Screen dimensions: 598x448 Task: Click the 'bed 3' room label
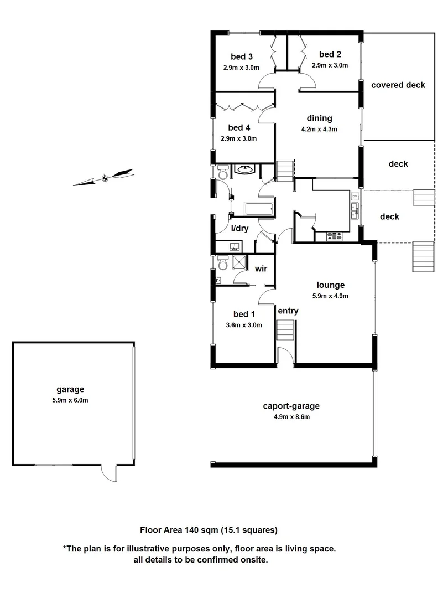click(x=242, y=56)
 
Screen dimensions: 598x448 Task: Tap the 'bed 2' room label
click(x=330, y=54)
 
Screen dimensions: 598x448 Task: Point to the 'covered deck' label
click(x=398, y=85)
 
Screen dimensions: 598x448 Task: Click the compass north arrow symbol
click(x=104, y=178)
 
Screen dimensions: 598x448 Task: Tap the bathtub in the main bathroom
click(x=258, y=209)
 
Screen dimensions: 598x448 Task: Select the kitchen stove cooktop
click(x=334, y=236)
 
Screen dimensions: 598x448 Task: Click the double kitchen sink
click(x=355, y=210)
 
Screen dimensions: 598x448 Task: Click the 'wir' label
click(x=261, y=269)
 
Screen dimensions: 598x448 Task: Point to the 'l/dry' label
click(x=239, y=228)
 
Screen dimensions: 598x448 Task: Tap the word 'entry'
click(x=288, y=311)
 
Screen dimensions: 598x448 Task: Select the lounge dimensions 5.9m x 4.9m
click(x=331, y=296)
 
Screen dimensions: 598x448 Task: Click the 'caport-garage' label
click(x=291, y=406)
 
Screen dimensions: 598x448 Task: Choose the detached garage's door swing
click(x=108, y=472)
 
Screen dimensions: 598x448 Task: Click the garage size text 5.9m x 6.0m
click(x=70, y=400)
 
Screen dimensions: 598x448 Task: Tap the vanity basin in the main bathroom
click(x=243, y=169)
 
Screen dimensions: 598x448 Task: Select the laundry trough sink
click(x=233, y=246)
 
